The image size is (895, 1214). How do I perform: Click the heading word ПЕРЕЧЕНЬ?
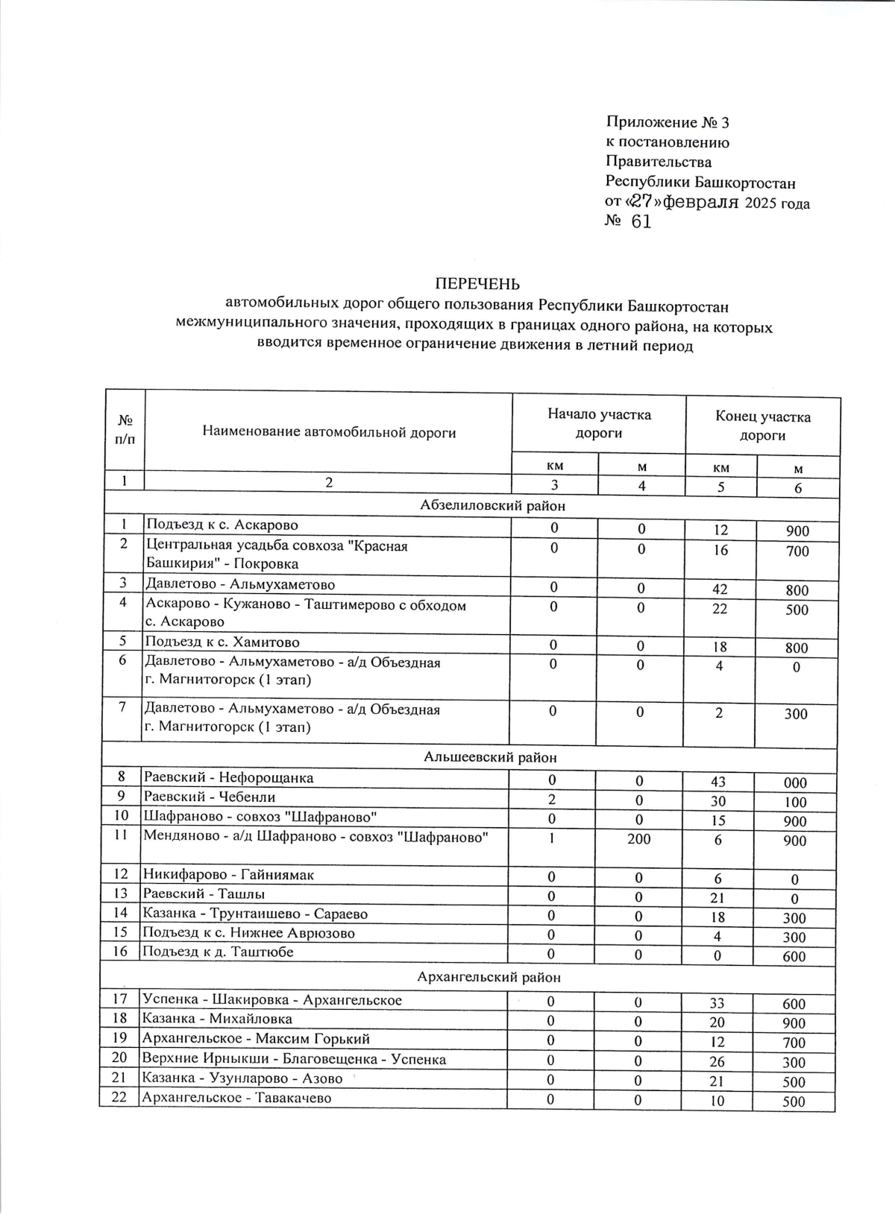coord(477,284)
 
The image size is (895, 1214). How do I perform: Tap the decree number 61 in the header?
coord(641,222)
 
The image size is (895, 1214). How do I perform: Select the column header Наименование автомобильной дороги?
coord(329,432)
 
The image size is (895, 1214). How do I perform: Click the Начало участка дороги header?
coord(599,424)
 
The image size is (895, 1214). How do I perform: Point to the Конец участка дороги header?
coord(762,426)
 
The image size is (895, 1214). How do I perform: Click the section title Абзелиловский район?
coord(492,506)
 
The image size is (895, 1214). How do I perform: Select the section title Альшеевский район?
coord(490,758)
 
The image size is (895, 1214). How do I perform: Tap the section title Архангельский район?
coord(489,977)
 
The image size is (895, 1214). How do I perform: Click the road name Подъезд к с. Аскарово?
coord(222,525)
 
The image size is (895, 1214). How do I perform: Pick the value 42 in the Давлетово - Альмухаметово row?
coord(720,589)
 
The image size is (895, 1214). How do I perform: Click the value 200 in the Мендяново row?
coord(638,839)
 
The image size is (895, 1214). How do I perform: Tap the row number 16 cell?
coord(121,952)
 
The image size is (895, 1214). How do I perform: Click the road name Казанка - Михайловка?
coord(217,1019)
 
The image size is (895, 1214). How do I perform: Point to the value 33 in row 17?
coord(717,1003)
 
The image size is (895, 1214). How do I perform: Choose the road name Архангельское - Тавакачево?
coord(236,1098)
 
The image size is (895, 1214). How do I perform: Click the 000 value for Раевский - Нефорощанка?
coord(795,783)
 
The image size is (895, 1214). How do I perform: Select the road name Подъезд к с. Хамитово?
coord(222,642)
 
